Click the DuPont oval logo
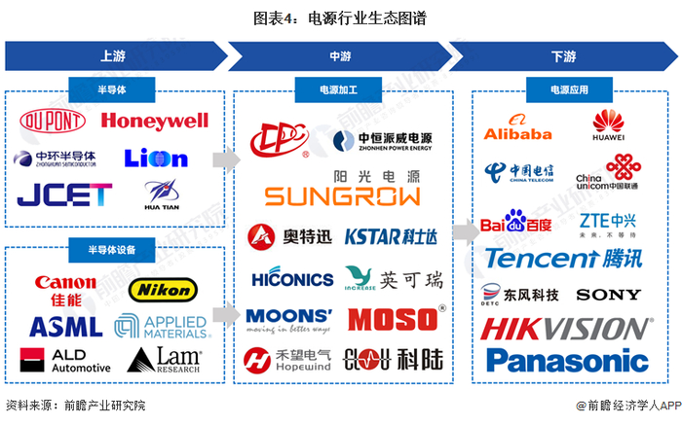pos(53,122)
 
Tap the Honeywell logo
pos(155,122)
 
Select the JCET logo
pos(64,194)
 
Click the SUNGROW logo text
pos(343,196)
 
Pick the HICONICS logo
pos(291,279)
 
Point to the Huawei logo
pos(609,125)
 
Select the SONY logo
pos(609,294)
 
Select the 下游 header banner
pos(563,55)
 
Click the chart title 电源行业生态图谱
pos(341,18)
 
